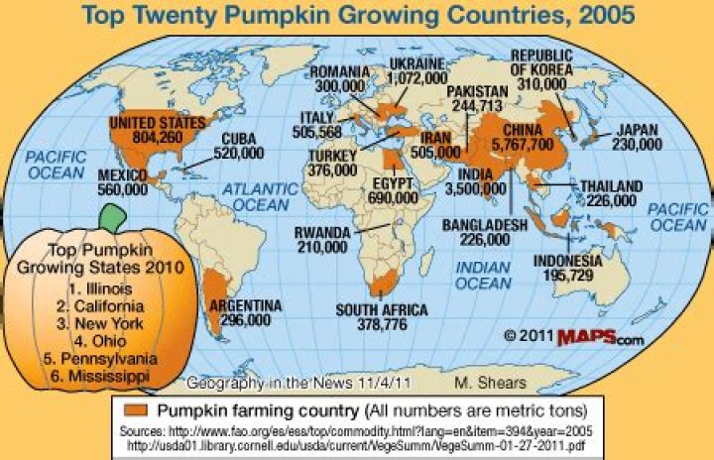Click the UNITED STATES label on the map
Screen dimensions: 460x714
coord(156,123)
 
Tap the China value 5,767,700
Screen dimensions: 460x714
coord(527,145)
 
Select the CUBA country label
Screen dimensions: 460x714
coord(238,140)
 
